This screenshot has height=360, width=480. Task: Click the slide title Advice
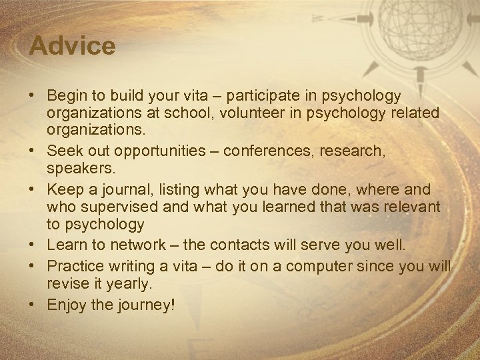73,46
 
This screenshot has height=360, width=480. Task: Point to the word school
199,113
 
